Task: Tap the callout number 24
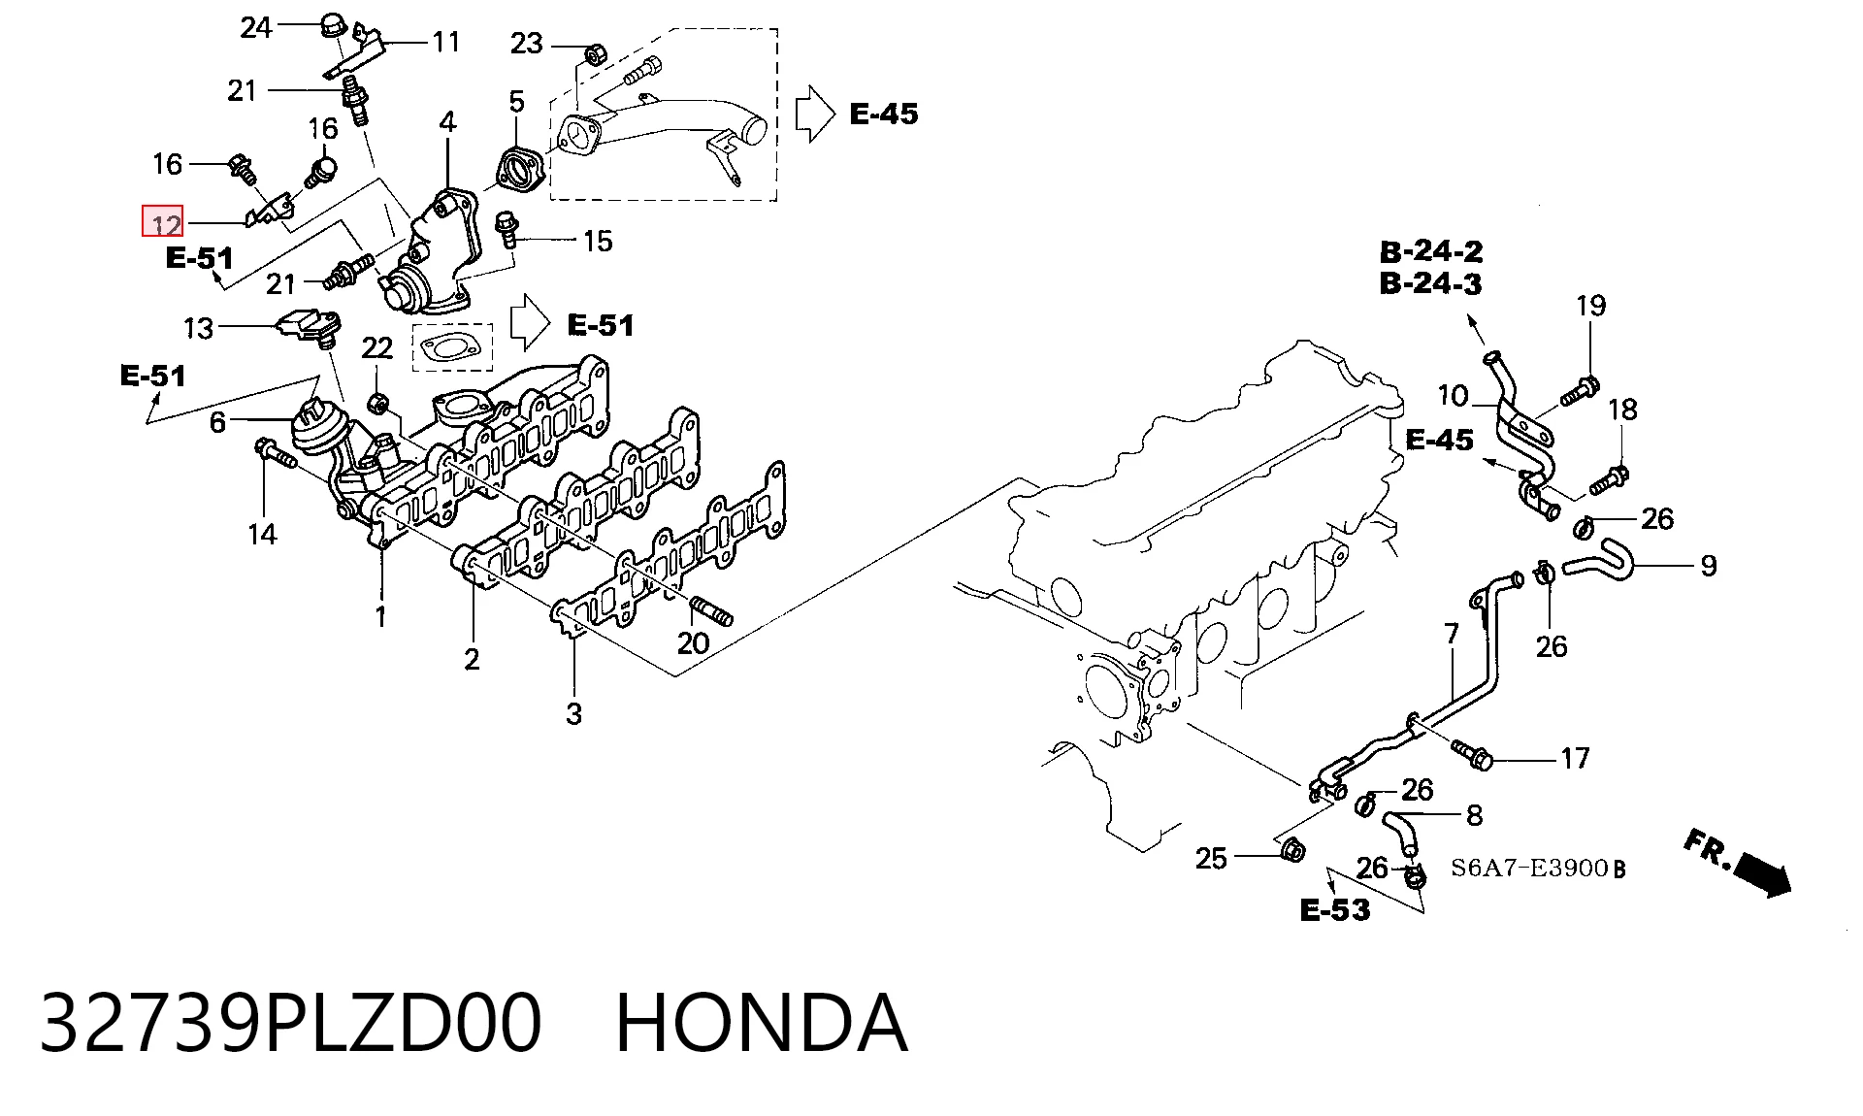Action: click(256, 28)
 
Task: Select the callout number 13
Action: click(198, 328)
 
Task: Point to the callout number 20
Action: click(693, 642)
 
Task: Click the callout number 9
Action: click(1709, 565)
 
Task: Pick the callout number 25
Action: click(1211, 858)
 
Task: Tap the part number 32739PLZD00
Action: click(290, 1023)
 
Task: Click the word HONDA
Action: click(762, 1023)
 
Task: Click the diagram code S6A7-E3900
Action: click(1529, 868)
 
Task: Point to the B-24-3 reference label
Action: click(1431, 284)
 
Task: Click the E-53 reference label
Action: click(1335, 910)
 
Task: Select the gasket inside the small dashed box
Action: click(451, 346)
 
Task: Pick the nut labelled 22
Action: click(379, 402)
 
